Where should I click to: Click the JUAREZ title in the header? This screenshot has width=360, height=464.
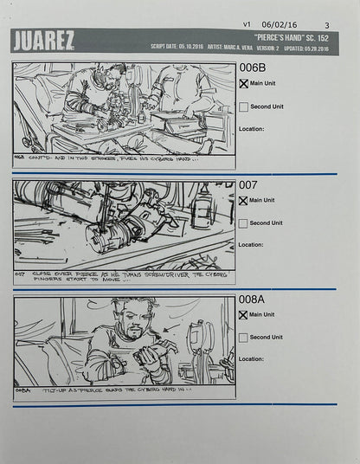(43, 40)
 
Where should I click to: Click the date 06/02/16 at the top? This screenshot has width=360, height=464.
(280, 25)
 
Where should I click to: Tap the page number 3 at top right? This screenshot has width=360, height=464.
(326, 25)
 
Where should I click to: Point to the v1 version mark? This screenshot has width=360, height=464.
(247, 25)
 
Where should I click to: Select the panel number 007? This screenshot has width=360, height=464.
(248, 185)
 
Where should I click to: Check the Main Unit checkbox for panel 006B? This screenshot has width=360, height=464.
(243, 85)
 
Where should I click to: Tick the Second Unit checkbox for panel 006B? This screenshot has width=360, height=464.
(243, 107)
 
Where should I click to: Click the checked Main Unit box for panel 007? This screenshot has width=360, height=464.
(243, 201)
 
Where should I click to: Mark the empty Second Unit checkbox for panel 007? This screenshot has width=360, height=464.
(243, 223)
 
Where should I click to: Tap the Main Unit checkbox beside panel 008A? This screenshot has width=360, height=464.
(243, 315)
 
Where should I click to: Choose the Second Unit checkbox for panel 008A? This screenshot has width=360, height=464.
(243, 338)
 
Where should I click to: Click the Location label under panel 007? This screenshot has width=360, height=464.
(251, 245)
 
